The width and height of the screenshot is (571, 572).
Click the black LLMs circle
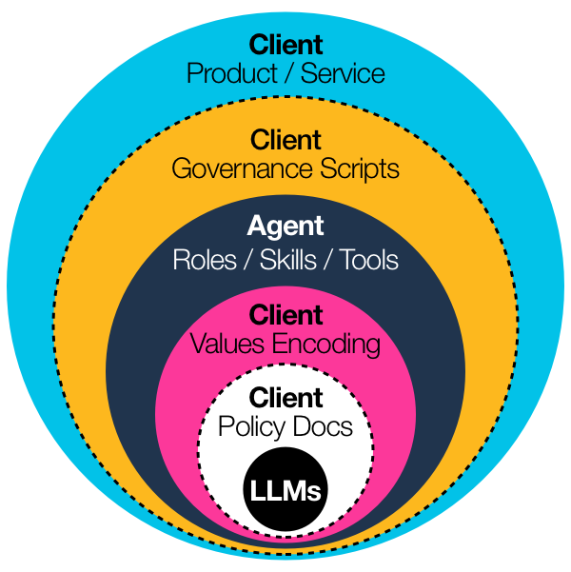tap(285, 492)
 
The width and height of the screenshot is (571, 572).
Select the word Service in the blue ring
tap(343, 73)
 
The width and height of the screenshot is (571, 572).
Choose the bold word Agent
tap(285, 227)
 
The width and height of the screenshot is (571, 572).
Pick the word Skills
tap(283, 260)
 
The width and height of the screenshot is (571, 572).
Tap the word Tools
tap(366, 260)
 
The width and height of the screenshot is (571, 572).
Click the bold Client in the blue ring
tap(285, 45)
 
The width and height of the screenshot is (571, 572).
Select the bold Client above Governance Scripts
tap(285, 140)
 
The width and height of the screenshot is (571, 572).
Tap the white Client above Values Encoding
tap(285, 315)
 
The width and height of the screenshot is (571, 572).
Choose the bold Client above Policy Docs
tap(285, 398)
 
